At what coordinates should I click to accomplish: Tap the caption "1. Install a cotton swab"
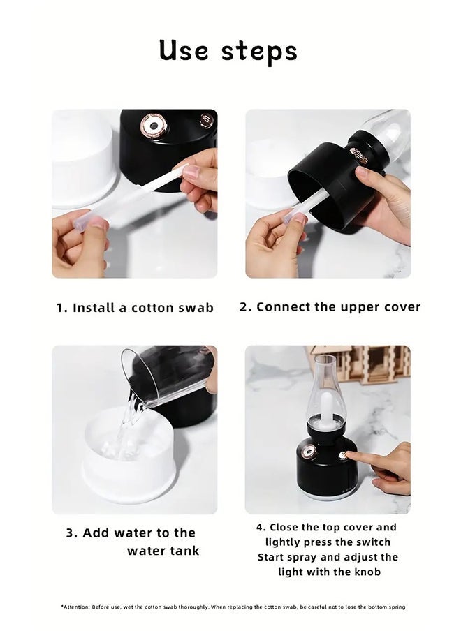135,308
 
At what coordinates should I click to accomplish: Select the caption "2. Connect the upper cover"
330,307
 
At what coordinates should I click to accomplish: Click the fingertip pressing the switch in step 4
351,456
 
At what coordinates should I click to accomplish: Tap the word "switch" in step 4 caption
372,542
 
